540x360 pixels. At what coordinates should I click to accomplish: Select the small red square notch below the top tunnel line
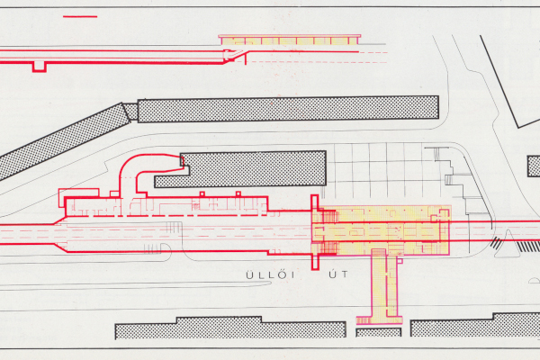[39, 67]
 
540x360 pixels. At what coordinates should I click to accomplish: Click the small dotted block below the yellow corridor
[378, 331]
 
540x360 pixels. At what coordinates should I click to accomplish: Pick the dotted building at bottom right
[473, 327]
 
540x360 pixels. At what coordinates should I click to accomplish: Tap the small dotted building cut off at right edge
[534, 166]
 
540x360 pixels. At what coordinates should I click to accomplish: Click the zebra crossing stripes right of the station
[499, 244]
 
